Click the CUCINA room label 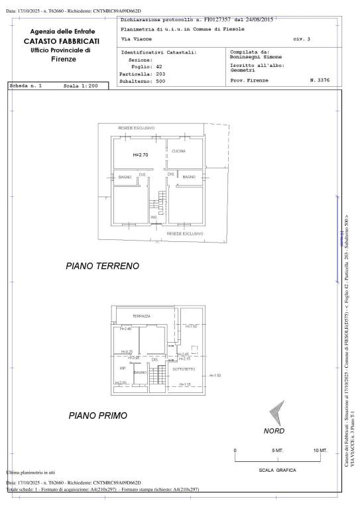click(178, 151)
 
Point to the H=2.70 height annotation click(140, 154)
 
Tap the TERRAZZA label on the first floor click(142, 316)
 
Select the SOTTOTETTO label click(183, 368)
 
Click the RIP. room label click(123, 368)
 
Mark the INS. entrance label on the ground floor click(154, 217)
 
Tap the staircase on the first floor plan click(158, 378)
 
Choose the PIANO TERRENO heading click(102, 266)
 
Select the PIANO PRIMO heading click(97, 416)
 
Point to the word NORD click(274, 430)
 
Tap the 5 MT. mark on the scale click(278, 451)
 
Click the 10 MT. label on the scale click(320, 451)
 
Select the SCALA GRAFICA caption click(276, 471)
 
